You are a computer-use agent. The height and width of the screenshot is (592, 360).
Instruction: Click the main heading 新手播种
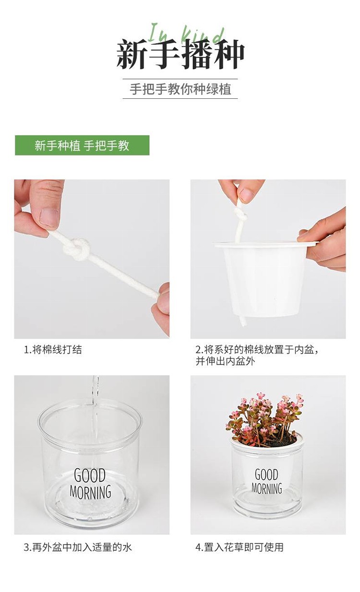click(x=180, y=54)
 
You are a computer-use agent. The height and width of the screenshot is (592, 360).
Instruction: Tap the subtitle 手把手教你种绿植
click(x=180, y=89)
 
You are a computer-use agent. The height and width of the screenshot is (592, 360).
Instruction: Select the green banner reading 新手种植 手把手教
click(x=82, y=145)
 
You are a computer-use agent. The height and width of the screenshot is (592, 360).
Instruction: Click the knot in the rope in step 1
click(x=77, y=249)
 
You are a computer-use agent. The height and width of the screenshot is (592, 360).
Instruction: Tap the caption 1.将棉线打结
click(x=53, y=350)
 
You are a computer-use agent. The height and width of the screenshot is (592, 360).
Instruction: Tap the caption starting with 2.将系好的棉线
click(x=257, y=355)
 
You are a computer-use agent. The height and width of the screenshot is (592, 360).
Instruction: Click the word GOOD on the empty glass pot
click(x=90, y=475)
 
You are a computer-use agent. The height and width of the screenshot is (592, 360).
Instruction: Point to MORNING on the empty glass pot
click(x=90, y=492)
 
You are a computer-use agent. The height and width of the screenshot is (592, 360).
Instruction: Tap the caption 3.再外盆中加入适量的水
click(x=78, y=547)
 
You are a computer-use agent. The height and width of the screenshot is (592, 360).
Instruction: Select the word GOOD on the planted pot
click(x=266, y=474)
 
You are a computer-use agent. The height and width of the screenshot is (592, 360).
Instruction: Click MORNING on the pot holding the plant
click(x=266, y=488)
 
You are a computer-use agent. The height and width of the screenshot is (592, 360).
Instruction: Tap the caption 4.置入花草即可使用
click(x=240, y=547)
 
